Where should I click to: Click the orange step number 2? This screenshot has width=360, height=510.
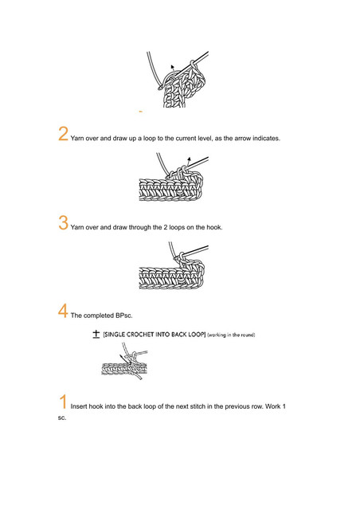point(63,134)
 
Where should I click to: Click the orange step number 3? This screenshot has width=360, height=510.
point(63,222)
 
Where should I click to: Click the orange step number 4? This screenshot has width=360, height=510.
point(63,311)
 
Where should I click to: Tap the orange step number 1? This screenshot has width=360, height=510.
point(64,402)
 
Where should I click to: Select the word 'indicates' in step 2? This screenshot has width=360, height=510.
point(266,138)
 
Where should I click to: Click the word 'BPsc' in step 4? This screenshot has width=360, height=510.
point(124,316)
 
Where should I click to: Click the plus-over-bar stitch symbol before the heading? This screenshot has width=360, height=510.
point(96,334)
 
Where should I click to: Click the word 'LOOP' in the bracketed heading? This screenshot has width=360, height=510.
point(197,335)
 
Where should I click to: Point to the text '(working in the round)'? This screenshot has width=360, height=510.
point(231,335)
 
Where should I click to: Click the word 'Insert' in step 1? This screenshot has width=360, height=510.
point(79,406)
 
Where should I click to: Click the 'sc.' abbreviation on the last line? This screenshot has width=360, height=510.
point(62,418)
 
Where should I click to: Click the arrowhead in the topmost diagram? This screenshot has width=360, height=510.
point(172,67)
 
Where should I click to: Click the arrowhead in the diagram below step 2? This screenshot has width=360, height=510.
point(189,159)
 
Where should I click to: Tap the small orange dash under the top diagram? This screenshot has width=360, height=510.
point(140,112)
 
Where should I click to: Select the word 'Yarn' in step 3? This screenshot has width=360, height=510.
point(77,227)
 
